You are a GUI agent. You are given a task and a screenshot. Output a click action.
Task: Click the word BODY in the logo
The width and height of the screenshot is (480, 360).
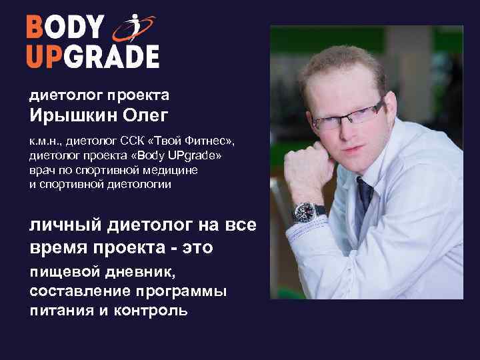[x=65, y=29]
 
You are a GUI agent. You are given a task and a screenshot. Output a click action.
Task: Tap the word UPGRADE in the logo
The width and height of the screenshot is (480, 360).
[x=93, y=57]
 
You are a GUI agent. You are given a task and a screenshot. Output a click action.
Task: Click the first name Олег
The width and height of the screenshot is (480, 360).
[x=145, y=115]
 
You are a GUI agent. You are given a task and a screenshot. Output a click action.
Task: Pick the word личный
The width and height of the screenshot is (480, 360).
[x=63, y=225]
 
